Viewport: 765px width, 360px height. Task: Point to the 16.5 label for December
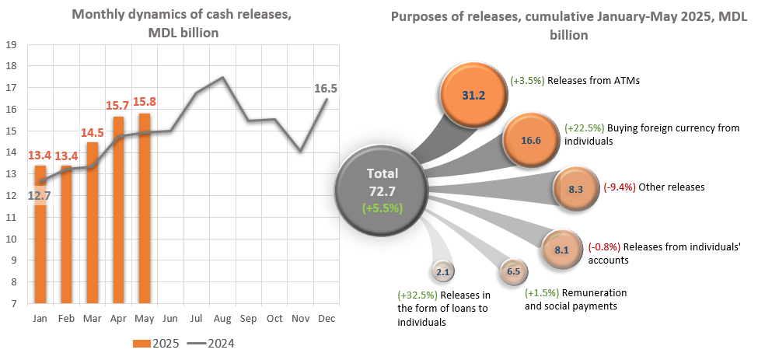325,89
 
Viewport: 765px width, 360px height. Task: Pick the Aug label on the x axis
222,319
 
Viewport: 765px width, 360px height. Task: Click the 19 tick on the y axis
12,44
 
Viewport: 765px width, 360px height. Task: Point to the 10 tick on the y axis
12,239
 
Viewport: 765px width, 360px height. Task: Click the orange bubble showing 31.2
473,96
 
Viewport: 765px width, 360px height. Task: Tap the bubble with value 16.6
529,141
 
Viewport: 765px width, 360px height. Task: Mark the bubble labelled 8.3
576,188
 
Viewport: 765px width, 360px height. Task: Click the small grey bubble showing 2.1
444,272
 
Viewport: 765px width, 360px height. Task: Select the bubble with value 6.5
513,271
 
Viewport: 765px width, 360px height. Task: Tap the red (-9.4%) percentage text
619,187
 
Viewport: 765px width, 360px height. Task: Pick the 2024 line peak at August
222,78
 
